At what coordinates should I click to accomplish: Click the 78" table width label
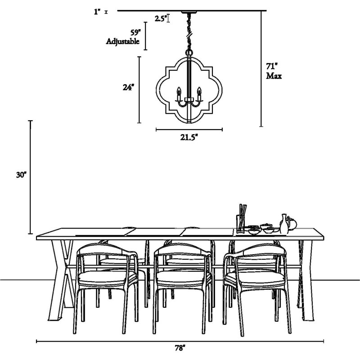[180, 348]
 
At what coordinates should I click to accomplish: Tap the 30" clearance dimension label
[21, 175]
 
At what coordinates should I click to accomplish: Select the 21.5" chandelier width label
[189, 137]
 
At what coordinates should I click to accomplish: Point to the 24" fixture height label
[128, 87]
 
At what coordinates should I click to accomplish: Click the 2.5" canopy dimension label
[160, 18]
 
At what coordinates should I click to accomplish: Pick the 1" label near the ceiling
[97, 12]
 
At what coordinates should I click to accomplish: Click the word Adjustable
[122, 41]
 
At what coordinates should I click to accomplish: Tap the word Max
[274, 76]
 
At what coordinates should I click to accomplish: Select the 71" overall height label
[272, 66]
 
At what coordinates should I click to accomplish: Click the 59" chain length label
[135, 32]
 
